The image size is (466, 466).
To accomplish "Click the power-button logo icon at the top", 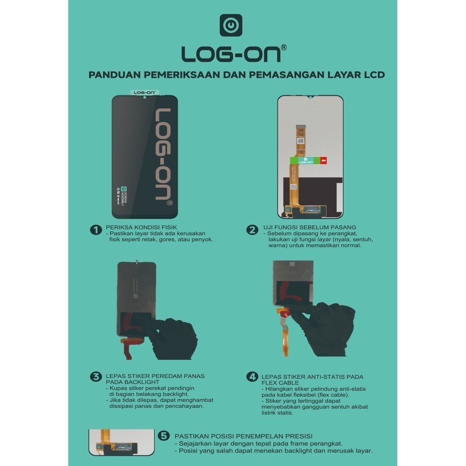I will [231, 25].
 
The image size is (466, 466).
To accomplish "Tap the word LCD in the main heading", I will [375, 75].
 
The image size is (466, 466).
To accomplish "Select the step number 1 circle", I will [96, 230].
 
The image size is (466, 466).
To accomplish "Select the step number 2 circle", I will [252, 230].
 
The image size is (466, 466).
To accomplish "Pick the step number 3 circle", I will [96, 376].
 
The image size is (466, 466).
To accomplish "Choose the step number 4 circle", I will [252, 376].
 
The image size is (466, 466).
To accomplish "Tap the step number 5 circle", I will [164, 436].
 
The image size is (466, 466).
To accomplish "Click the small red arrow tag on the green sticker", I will [323, 160].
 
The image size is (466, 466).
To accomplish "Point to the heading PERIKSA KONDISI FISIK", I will [141, 227].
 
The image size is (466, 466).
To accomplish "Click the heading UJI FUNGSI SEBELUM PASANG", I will [309, 227].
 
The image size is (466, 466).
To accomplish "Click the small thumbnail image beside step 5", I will [121, 442].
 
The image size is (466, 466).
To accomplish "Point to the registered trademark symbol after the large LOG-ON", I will [284, 47].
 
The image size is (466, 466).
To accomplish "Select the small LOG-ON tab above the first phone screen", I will [144, 92].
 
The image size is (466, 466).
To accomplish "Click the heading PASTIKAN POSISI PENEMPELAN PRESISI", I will [243, 436].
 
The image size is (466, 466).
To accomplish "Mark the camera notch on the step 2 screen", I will [310, 97].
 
